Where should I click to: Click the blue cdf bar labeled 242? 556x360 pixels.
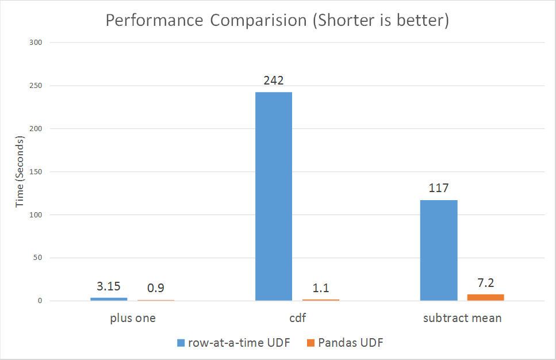coord(274,196)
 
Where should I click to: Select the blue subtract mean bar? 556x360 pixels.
coord(439,250)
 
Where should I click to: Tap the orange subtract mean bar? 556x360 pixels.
coord(485,297)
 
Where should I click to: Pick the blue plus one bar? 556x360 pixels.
coord(109,299)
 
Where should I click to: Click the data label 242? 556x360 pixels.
coord(274,81)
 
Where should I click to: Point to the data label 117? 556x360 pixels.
coord(438,189)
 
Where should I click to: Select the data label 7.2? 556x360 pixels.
coord(486,283)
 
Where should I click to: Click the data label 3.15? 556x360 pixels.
coord(109,286)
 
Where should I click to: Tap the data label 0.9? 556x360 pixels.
coord(156,288)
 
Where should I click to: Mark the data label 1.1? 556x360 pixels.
coord(321,288)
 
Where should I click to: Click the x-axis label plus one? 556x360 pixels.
coord(132,318)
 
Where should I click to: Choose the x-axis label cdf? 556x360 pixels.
coord(297,318)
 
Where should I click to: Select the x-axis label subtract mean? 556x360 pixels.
coord(462,318)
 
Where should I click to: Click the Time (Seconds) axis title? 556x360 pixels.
coord(20,172)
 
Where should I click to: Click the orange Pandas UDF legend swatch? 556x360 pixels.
coord(310,343)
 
